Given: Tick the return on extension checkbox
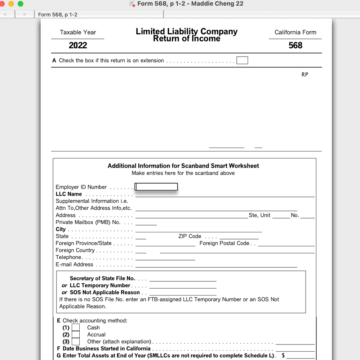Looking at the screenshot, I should tap(242, 60).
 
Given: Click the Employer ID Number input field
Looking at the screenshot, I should tap(156, 187).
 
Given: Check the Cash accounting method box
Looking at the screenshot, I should tap(76, 328).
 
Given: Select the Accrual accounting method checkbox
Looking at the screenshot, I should tap(76, 334).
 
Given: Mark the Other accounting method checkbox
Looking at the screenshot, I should tap(76, 342).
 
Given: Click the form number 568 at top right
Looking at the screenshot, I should tap(295, 45).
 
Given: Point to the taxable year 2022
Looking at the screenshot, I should tap(78, 45).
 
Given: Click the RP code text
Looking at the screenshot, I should tap(305, 75).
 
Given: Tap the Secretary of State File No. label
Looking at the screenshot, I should tap(102, 278).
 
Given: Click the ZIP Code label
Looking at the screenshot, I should tap(190, 236).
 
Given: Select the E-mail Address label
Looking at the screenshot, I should tap(74, 264).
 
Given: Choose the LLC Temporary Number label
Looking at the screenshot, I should tap(100, 285).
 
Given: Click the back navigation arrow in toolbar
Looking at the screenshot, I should tap(5, 14).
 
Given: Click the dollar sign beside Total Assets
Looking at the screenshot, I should tap(283, 356).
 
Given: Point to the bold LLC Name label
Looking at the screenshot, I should tap(68, 194).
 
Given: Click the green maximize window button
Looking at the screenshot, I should tap(20, 4).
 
